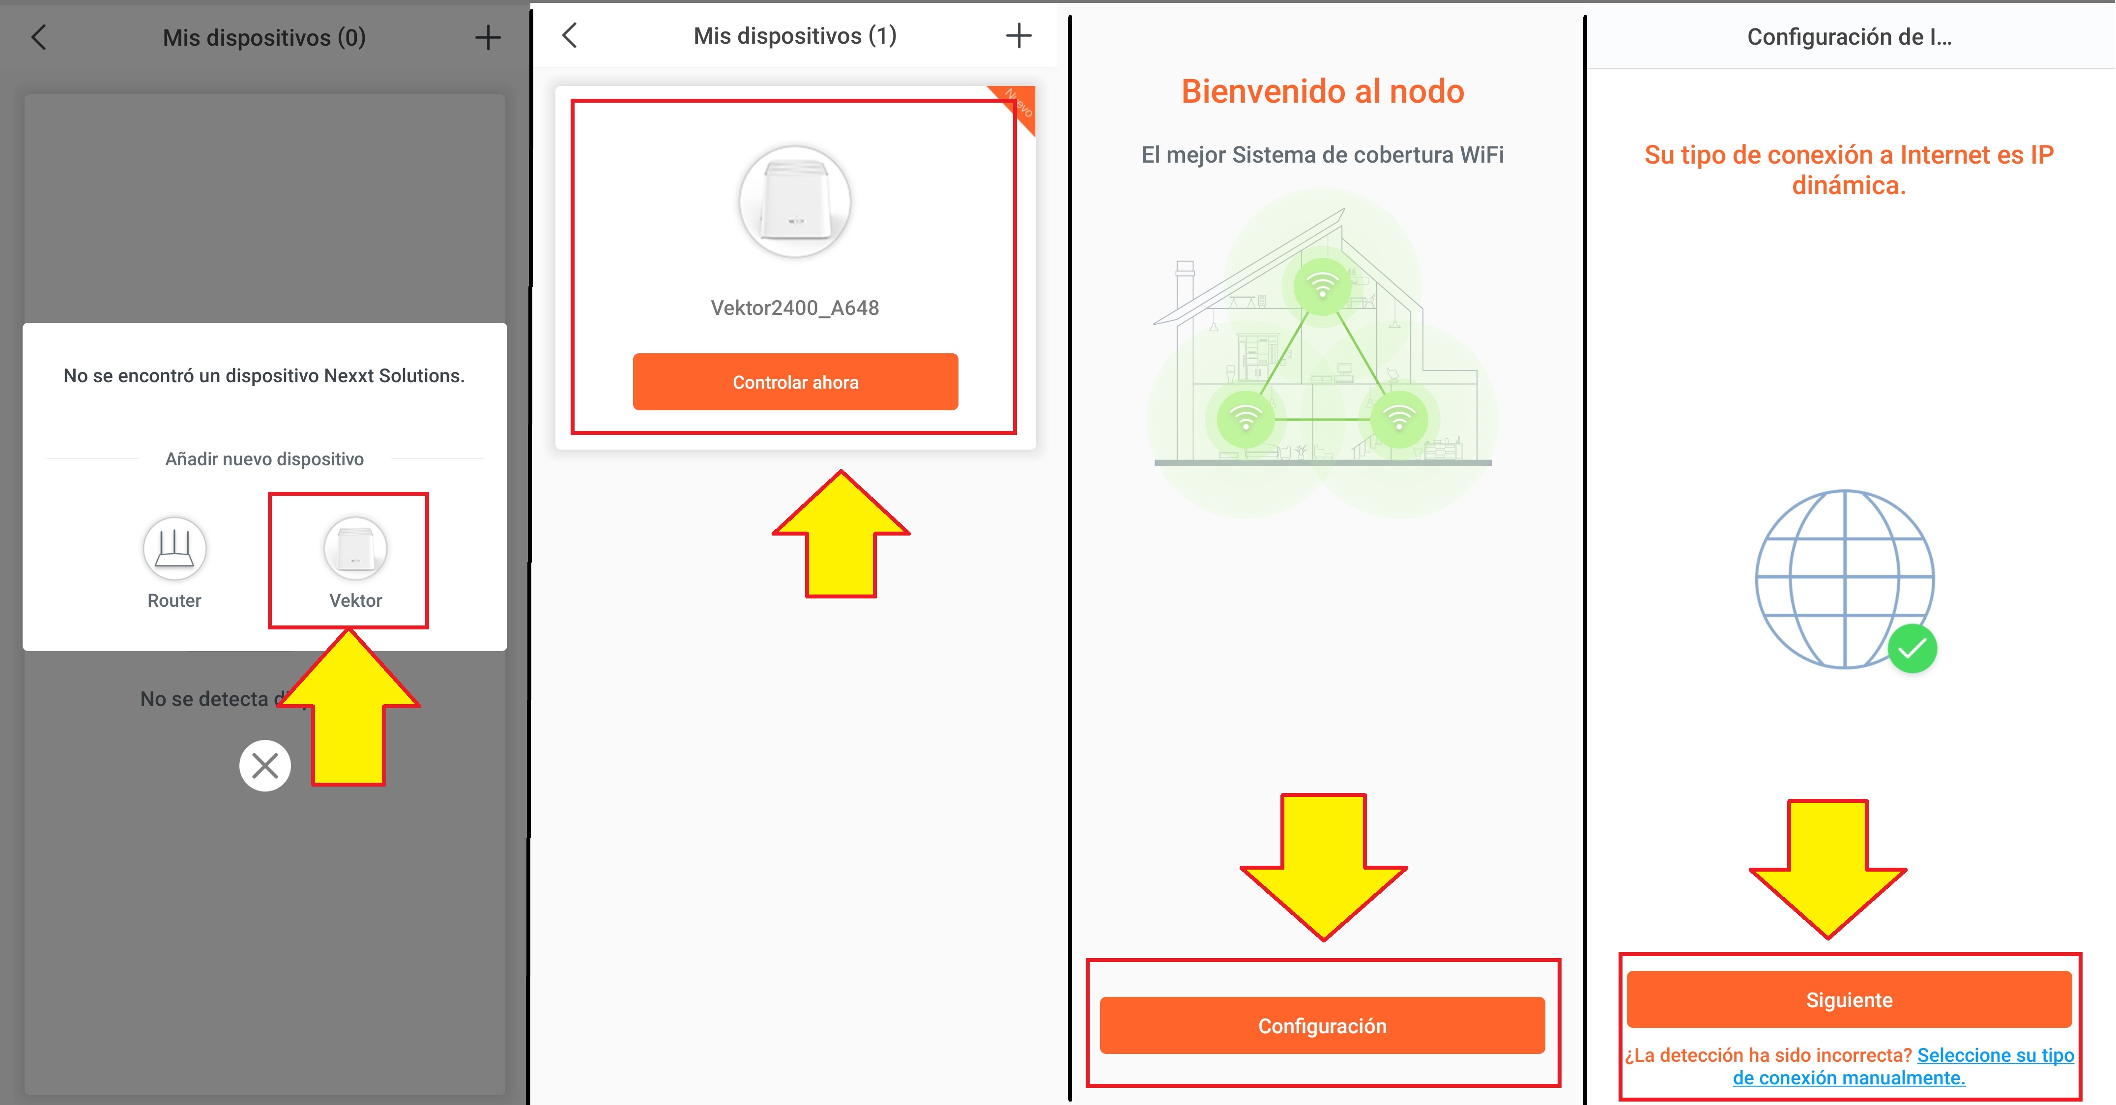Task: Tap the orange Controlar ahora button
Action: pos(795,382)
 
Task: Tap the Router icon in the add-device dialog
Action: pos(174,547)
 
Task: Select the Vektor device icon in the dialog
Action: pos(355,547)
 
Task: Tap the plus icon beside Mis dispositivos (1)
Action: pos(1018,35)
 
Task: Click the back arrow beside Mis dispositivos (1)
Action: pos(569,35)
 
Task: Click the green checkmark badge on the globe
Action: pos(1913,649)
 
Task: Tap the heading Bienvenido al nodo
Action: pos(1323,91)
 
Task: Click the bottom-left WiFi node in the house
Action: pos(1246,419)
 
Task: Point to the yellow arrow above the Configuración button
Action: pos(1323,866)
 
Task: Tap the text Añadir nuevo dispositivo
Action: pos(264,459)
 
